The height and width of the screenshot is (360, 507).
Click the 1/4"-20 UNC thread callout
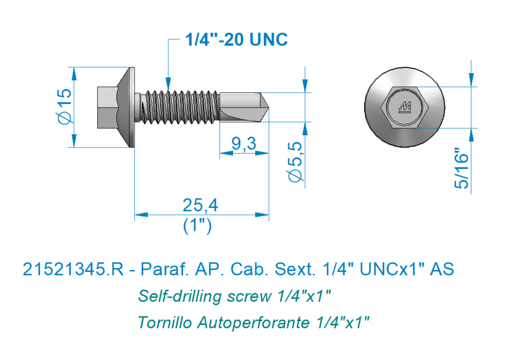[x=236, y=40]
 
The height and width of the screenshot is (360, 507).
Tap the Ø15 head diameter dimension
[x=64, y=106]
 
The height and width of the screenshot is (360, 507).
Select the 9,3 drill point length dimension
[x=244, y=143]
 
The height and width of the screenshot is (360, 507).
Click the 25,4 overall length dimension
[x=201, y=205]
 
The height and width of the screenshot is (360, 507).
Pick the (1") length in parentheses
[x=197, y=225]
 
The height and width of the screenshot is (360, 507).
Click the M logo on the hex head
[x=405, y=107]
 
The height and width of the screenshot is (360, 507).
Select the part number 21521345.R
[x=73, y=269]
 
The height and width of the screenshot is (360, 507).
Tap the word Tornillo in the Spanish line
[x=165, y=322]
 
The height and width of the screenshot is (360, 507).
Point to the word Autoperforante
[x=253, y=323]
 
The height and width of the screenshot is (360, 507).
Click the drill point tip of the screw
[x=268, y=107]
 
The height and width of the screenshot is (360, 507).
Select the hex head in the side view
[x=107, y=107]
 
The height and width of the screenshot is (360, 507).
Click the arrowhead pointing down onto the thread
[x=168, y=83]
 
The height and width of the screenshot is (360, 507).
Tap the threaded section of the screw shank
[x=180, y=107]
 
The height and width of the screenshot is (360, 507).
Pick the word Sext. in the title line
[x=295, y=269]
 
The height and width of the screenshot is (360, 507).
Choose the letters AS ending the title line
[x=442, y=269]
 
